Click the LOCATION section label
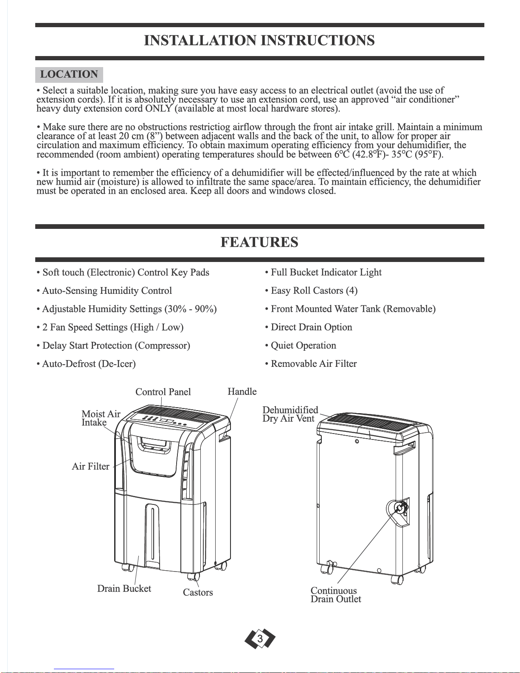coord(69,74)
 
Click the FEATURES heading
coord(259,242)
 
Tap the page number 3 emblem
coord(260,639)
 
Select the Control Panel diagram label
coord(163,392)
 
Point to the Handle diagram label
coord(242,391)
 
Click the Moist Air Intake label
coord(101,418)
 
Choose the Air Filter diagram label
coord(90,466)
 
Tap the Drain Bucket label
coord(124,589)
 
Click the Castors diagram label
coord(198,592)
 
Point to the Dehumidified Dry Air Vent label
coord(290,414)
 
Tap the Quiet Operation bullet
coord(303,346)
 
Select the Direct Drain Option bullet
coord(311,327)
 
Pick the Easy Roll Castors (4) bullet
coord(314,291)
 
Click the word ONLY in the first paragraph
coord(158,109)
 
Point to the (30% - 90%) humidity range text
coord(191,309)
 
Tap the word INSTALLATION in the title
coord(200,40)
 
